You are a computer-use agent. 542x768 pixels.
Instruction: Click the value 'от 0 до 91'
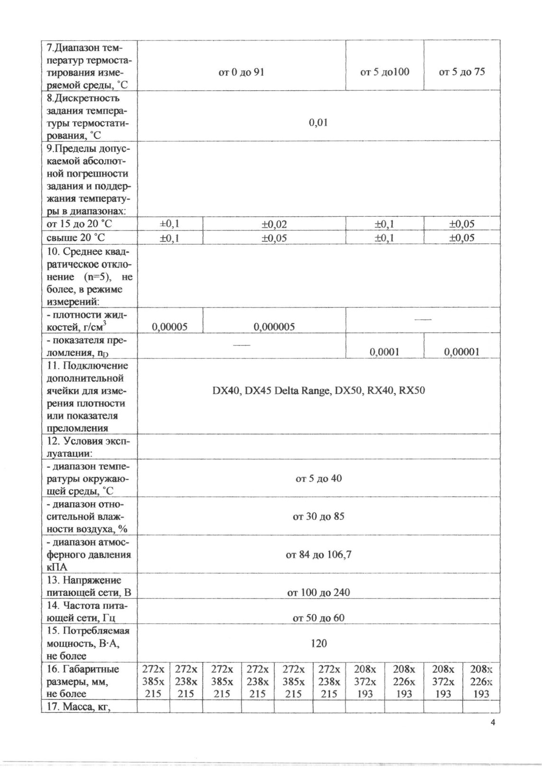[x=241, y=72]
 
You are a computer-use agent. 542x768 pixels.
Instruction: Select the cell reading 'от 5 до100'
[x=384, y=72]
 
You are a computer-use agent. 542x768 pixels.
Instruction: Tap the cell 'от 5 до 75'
[x=462, y=72]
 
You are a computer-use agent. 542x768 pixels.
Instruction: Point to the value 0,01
[x=318, y=123]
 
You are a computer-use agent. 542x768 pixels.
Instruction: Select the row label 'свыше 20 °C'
[x=76, y=238]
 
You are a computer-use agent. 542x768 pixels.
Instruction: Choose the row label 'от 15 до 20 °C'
[x=79, y=224]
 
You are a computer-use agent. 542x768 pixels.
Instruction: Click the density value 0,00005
[x=169, y=327]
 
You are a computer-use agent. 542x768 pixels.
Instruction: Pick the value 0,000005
[x=274, y=327]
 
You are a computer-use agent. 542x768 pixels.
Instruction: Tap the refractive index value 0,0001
[x=384, y=352]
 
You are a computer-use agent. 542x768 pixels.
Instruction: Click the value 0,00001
[x=462, y=352]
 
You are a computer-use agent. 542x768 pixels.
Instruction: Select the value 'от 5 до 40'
[x=318, y=479]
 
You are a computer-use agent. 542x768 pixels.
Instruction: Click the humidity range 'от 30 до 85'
[x=318, y=517]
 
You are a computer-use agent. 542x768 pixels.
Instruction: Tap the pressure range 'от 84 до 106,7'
[x=318, y=555]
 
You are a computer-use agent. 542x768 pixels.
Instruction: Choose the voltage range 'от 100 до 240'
[x=318, y=593]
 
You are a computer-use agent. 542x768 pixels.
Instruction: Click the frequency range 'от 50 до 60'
[x=318, y=618]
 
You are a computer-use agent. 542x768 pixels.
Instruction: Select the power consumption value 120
[x=318, y=643]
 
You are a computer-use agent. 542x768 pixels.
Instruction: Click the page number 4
[x=492, y=723]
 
